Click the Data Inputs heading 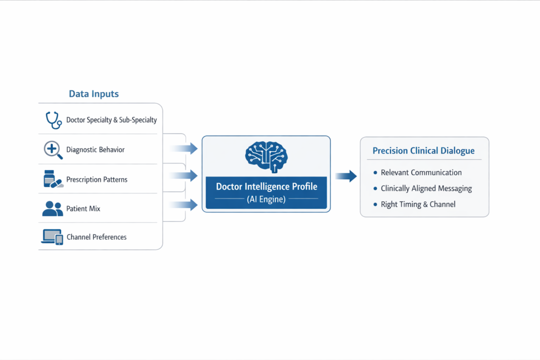pos(94,94)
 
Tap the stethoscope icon pos(53,120)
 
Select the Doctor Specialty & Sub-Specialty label pos(111,120)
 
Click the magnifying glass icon pos(52,150)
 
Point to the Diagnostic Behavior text pos(95,150)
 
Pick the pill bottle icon pos(52,179)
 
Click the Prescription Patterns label pos(97,179)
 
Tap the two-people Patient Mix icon pos(52,209)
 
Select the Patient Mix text pos(83,209)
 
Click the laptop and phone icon pos(52,237)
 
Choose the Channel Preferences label pos(97,237)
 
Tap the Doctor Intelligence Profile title pos(266,187)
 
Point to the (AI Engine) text pos(266,199)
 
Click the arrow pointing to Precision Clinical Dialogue pos(346,176)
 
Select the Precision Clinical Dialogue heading pos(423,151)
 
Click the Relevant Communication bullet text pos(421,172)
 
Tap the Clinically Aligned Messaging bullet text pos(426,188)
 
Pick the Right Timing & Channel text pos(418,204)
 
